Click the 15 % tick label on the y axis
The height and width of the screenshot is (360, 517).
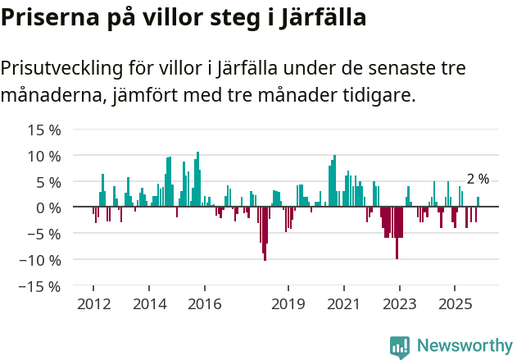(44, 130)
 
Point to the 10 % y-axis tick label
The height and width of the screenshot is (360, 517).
(44, 156)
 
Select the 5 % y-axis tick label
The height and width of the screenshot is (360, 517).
(48, 182)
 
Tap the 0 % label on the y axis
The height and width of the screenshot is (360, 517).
(48, 207)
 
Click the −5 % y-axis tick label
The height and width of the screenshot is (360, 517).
(44, 234)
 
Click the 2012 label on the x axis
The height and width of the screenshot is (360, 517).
(93, 304)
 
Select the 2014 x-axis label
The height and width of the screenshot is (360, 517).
(148, 304)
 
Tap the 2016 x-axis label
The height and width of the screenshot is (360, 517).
(204, 304)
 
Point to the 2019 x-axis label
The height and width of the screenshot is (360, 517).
(288, 304)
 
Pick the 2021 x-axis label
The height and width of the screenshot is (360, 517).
(343, 304)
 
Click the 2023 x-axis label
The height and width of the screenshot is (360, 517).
(399, 304)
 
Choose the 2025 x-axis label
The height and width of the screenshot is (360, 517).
(455, 304)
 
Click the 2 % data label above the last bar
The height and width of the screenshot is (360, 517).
(478, 179)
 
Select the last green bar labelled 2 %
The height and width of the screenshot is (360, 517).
(478, 203)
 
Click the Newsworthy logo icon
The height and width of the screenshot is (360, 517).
(400, 346)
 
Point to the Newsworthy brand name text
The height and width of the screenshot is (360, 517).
(465, 346)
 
